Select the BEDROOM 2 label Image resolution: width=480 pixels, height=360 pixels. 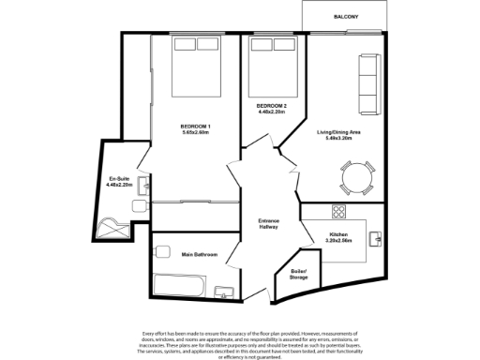pyautogui.click(x=272, y=106)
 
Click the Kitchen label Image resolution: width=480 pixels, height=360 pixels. pyautogui.click(x=339, y=234)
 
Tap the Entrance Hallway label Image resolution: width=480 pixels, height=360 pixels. pyautogui.click(x=270, y=224)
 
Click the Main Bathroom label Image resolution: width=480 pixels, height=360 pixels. pyautogui.click(x=200, y=254)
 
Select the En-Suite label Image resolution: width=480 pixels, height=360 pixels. pyautogui.click(x=119, y=177)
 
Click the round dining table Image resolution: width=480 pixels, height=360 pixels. pyautogui.click(x=356, y=175)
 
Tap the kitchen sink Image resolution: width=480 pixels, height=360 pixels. pyautogui.click(x=376, y=241)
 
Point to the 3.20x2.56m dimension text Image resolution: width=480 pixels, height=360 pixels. pyautogui.click(x=339, y=241)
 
